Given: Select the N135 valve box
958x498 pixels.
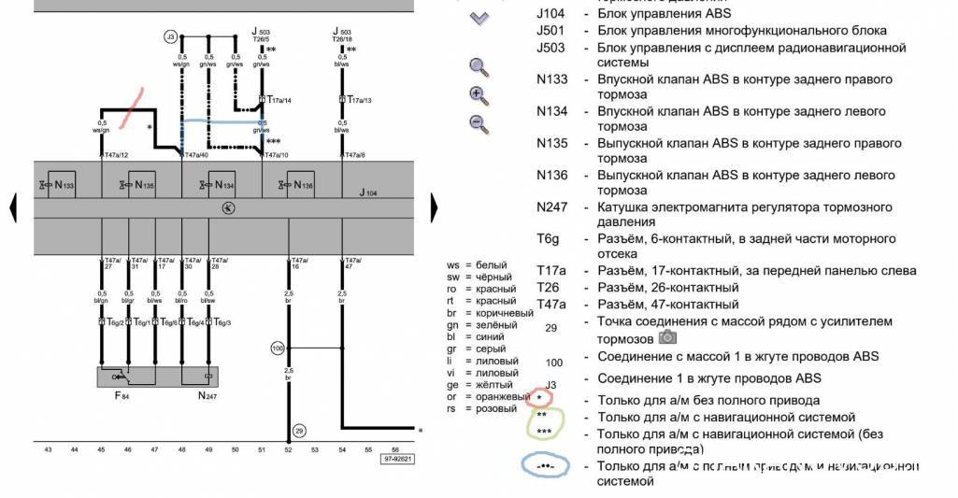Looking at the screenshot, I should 140,185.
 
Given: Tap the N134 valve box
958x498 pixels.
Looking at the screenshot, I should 221,185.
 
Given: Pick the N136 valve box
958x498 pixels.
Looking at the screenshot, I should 300,185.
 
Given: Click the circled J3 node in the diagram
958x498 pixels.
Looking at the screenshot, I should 170,37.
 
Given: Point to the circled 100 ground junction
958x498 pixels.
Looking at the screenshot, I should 277,348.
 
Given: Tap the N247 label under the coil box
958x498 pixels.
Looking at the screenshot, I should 207,396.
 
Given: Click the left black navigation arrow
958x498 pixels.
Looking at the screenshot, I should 13,207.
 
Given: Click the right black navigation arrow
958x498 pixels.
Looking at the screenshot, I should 433,207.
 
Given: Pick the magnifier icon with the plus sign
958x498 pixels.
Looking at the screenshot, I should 478,94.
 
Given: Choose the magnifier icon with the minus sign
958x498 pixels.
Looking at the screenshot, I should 478,122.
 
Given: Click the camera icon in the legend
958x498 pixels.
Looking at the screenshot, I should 668,337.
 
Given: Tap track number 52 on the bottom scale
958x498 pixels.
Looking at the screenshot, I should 288,449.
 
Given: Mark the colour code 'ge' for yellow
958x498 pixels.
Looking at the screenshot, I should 453,385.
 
